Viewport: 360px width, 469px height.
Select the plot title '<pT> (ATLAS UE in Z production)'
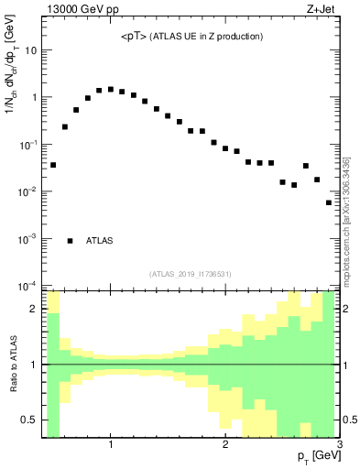191,37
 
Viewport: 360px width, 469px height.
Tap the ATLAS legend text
100,241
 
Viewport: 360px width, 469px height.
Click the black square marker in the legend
71,241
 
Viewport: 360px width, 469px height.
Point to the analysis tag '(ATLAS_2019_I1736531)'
191,274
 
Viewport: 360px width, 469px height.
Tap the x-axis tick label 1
111,446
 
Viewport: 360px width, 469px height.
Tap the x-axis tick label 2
224,446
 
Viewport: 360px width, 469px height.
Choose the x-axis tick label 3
338,446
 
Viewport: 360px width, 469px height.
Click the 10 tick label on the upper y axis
30,50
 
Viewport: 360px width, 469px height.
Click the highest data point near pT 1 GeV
111,90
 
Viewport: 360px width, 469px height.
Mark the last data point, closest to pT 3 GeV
329,203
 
